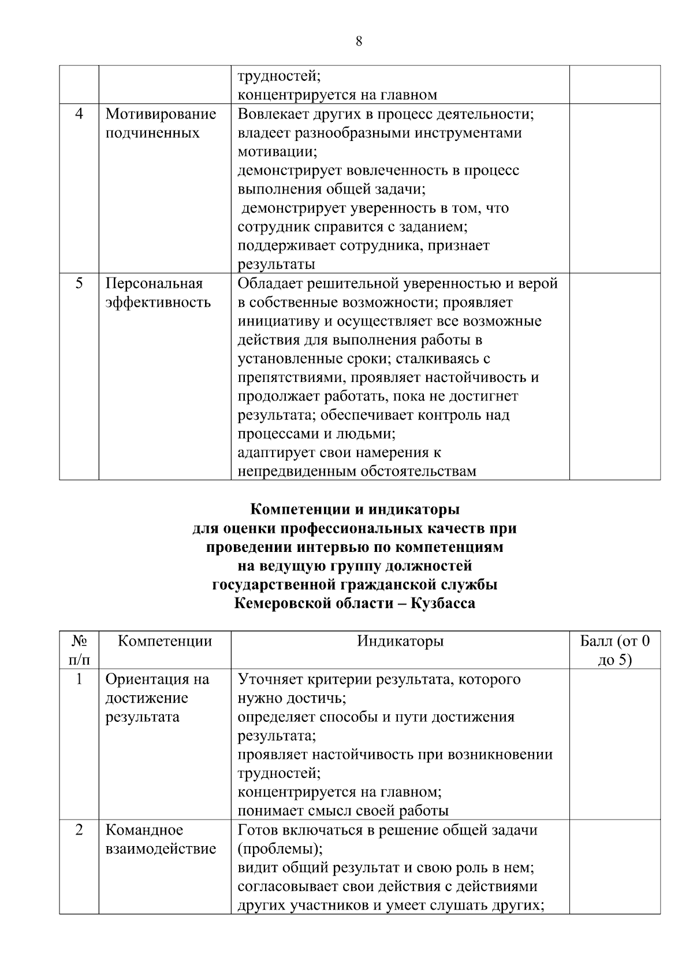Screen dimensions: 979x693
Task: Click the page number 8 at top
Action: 359,41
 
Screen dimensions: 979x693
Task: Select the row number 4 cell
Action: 79,114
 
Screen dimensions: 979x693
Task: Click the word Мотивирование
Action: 161,114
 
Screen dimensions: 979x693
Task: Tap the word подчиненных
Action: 152,133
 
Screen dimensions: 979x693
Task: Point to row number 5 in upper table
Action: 79,284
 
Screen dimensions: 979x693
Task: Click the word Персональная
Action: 154,284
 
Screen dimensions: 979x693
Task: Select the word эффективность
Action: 158,303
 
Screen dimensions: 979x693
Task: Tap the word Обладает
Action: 270,284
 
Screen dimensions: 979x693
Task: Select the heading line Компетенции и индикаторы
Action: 355,510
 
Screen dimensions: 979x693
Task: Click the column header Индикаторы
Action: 400,641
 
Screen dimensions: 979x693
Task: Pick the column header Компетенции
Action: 165,641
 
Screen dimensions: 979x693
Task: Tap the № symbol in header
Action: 79,641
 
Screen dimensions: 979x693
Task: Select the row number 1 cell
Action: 79,679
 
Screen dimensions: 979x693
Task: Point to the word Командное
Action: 144,830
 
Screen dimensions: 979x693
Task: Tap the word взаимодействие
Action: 161,849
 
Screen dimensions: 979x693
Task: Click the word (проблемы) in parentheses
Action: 280,849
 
